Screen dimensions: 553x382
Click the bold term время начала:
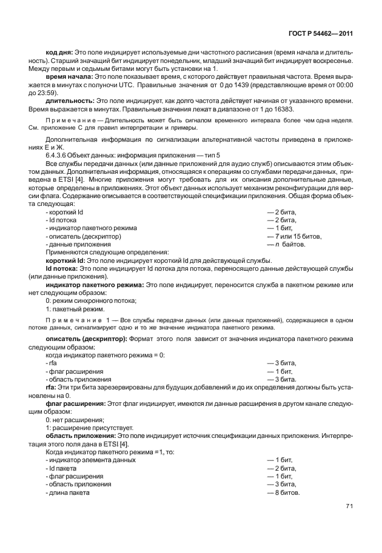pyautogui.click(x=69, y=78)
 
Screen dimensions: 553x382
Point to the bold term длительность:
pyautogui.click(x=69, y=101)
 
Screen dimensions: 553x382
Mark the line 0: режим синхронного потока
pyautogui.click(x=91, y=301)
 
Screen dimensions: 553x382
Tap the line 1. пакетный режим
pyautogui.click(x=72, y=309)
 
